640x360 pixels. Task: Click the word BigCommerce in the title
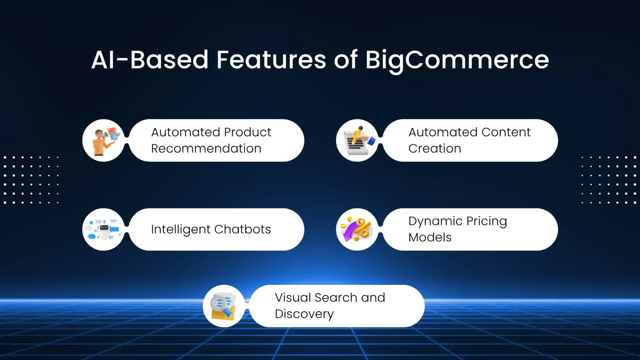[457, 60]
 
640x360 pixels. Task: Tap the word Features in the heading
[271, 60]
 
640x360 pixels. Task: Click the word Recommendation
[206, 149]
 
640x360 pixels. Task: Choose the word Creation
[435, 149]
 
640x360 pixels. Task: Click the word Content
[506, 132]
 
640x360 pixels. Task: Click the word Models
[430, 237]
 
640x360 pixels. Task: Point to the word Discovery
[304, 314]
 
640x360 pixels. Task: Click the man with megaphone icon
[104, 141]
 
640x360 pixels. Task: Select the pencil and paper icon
[357, 141]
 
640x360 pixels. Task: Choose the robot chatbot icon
[104, 229]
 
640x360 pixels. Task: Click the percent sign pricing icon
[357, 229]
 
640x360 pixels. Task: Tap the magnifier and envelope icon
[224, 306]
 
